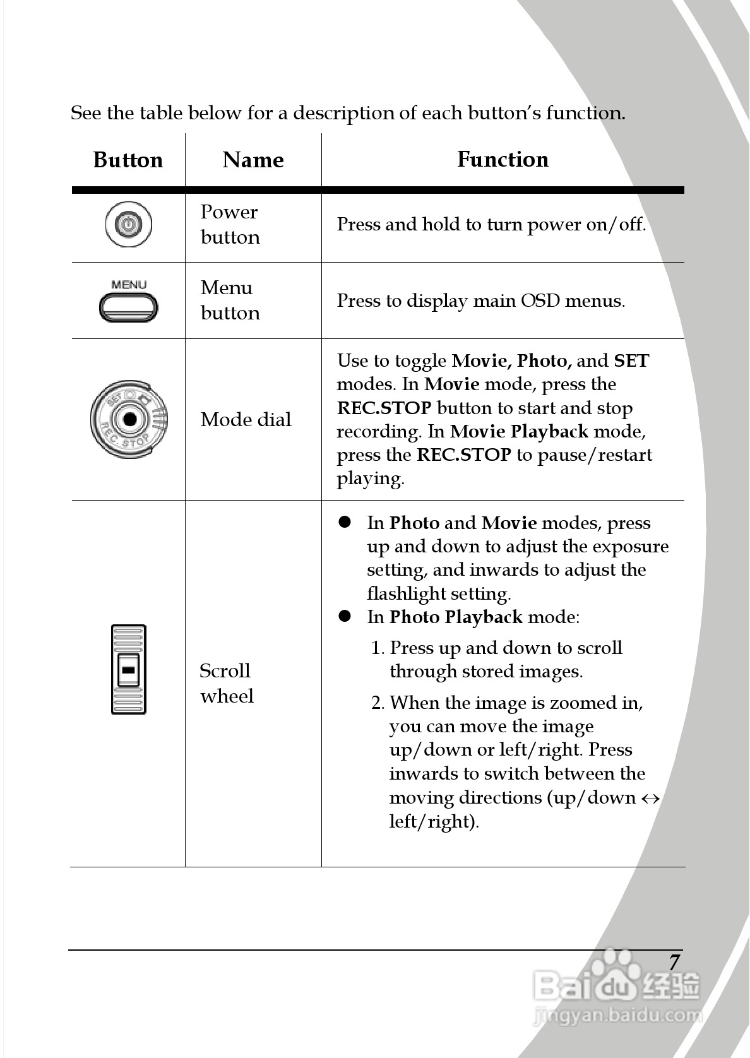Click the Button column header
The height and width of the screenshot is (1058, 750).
coord(128,160)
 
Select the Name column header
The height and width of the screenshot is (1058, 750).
coord(253,160)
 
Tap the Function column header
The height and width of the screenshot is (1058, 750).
coord(503,159)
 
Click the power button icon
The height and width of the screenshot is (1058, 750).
coord(128,225)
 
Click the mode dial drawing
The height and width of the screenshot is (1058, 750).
coord(129,419)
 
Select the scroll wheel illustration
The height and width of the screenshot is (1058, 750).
coord(128,669)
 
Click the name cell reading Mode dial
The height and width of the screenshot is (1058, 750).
coord(246,419)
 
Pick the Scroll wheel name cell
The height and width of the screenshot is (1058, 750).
coord(226,683)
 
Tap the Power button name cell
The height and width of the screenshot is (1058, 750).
coord(230,224)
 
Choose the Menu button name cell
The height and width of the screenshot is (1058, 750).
coord(230,300)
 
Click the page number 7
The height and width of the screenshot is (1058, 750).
coord(674,962)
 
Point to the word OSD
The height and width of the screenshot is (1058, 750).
coord(540,300)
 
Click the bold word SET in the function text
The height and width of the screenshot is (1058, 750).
coord(631,360)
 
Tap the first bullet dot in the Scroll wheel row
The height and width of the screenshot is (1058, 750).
coord(345,522)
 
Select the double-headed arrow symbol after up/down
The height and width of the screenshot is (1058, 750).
coord(650,799)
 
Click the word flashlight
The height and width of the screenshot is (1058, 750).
coord(407,593)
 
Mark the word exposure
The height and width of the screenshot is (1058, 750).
coord(631,547)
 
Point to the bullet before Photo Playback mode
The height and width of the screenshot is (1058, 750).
coord(345,616)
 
